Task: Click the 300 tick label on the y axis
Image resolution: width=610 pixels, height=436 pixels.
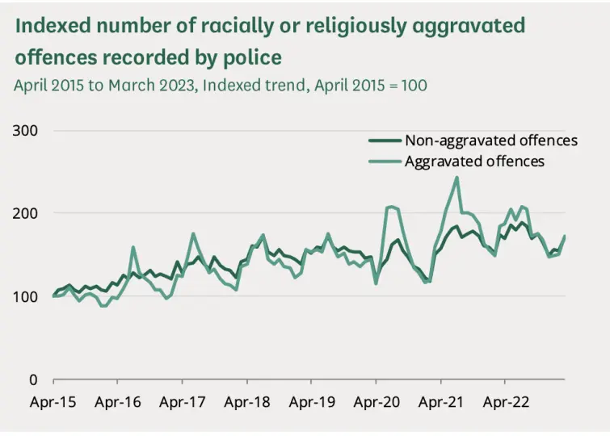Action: (27, 130)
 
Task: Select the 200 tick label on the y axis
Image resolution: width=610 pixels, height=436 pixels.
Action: (27, 213)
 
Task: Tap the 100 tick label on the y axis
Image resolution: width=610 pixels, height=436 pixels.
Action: (27, 296)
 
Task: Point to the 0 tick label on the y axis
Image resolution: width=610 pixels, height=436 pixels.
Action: (35, 379)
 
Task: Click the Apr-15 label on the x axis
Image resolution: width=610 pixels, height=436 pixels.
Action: (53, 401)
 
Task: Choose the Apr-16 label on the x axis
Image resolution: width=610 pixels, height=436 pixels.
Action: (118, 401)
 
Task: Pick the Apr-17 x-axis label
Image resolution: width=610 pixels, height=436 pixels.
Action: (183, 401)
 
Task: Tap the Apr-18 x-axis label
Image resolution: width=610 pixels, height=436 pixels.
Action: (247, 401)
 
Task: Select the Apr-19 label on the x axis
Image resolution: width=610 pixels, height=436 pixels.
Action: (312, 401)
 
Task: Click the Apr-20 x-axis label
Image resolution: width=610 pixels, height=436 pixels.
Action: (376, 401)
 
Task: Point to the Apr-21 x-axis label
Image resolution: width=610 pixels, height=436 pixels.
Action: (440, 401)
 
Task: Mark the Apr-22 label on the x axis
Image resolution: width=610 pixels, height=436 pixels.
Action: (505, 401)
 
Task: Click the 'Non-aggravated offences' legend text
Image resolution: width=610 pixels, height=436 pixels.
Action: (490, 140)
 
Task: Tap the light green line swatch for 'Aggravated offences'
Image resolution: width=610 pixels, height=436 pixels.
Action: (385, 161)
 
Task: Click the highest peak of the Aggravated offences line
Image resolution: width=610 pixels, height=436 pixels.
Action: (457, 178)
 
